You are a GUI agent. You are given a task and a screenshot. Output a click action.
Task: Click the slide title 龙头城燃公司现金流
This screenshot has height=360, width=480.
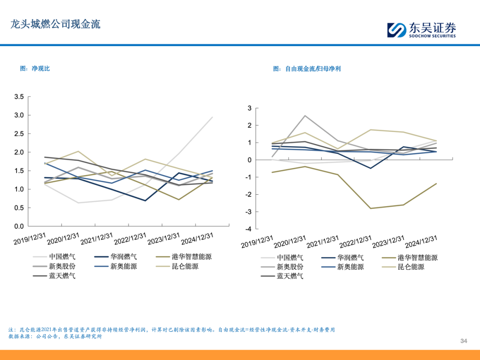[55, 24]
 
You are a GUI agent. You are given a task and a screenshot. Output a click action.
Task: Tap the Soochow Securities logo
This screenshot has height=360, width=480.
[421, 30]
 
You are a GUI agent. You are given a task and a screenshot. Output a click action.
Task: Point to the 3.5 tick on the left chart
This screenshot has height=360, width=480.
[19, 97]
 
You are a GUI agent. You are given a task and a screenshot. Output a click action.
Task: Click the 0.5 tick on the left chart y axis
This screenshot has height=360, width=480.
[19, 208]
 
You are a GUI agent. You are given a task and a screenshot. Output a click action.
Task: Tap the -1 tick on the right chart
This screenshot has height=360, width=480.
[248, 177]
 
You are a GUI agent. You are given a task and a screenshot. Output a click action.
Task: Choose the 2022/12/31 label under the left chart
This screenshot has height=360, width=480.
[130, 239]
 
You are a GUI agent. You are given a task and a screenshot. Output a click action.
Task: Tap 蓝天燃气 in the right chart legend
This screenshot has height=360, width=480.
[290, 276]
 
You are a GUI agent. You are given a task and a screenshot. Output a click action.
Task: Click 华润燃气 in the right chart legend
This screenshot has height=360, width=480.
[350, 257]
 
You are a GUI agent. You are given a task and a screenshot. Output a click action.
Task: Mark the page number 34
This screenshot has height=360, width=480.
[464, 341]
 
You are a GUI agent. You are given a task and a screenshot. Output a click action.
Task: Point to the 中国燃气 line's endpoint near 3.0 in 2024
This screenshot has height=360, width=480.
[212, 117]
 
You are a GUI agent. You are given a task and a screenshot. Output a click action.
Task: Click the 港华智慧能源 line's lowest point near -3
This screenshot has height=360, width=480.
[370, 208]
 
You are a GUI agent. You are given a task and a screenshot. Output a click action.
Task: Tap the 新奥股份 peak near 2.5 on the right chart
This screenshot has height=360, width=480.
[304, 116]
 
